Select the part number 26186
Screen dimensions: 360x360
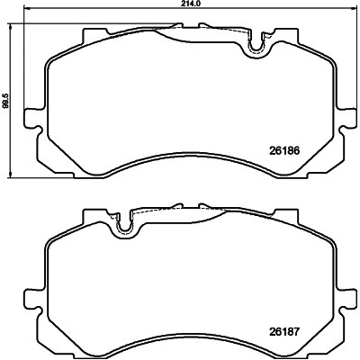(x=284, y=151)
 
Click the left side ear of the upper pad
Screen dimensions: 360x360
(x=31, y=119)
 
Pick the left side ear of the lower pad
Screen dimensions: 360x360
(x=31, y=300)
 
